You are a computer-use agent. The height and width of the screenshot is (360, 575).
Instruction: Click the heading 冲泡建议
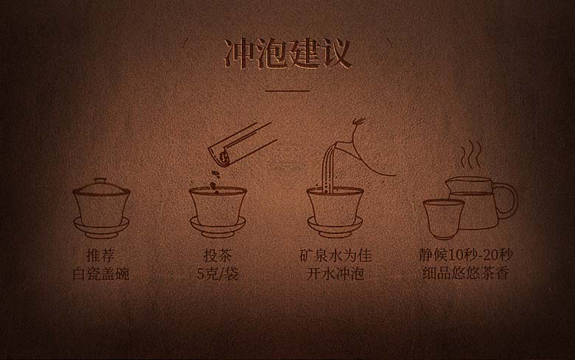pos(287,55)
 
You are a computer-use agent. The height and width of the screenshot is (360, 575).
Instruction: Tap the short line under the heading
pos(287,90)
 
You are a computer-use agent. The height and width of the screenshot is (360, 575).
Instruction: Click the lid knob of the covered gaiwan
pos(100,181)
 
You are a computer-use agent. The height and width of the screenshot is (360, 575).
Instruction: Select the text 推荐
pos(100,256)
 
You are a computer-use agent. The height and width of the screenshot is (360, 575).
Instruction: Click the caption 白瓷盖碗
pos(100,274)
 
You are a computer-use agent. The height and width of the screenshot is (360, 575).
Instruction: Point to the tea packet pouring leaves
pos(240,144)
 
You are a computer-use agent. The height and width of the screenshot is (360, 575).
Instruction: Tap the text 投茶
pos(217,256)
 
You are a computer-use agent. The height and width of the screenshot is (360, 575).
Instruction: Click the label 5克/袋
pos(217,274)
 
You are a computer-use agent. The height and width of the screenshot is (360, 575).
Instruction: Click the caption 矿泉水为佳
pos(335,256)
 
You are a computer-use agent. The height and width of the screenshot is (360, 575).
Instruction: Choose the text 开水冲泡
pos(335,274)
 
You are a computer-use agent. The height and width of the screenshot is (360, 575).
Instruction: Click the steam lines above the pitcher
pos(471,154)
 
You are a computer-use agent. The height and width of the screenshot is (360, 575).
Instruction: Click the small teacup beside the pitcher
pos(443,218)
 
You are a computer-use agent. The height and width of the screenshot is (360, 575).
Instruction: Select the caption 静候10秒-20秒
pos(465,255)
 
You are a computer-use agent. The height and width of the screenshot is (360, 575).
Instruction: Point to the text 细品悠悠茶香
pos(465,274)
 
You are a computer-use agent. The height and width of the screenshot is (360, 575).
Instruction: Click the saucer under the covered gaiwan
pos(101,227)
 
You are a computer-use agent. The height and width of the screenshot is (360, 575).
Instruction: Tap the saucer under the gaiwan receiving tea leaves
pos(217,227)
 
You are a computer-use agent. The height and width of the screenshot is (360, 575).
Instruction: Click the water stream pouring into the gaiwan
pos(328,170)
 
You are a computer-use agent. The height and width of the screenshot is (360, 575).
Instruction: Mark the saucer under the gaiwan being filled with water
pos(335,227)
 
